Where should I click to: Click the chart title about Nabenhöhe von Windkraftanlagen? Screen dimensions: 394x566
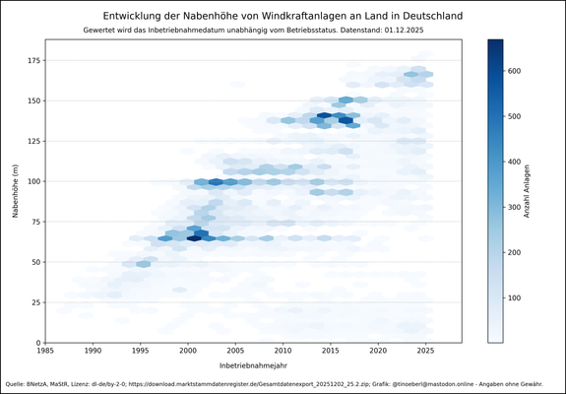(x=283, y=16)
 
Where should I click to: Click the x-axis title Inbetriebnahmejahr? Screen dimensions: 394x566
(x=253, y=366)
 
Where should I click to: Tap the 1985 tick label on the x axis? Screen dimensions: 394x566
(x=45, y=351)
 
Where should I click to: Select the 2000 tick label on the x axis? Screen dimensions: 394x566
(x=188, y=351)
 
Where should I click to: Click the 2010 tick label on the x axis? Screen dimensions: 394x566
(x=283, y=351)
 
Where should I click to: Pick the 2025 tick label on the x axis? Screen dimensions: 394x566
(x=425, y=351)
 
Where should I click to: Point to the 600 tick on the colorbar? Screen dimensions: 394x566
(x=518, y=70)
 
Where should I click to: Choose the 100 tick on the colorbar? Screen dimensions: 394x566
(x=518, y=297)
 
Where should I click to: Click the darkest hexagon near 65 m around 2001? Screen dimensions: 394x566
(x=194, y=238)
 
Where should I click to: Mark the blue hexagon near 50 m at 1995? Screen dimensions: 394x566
(x=144, y=264)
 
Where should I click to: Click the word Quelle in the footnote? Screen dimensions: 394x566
(x=16, y=383)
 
